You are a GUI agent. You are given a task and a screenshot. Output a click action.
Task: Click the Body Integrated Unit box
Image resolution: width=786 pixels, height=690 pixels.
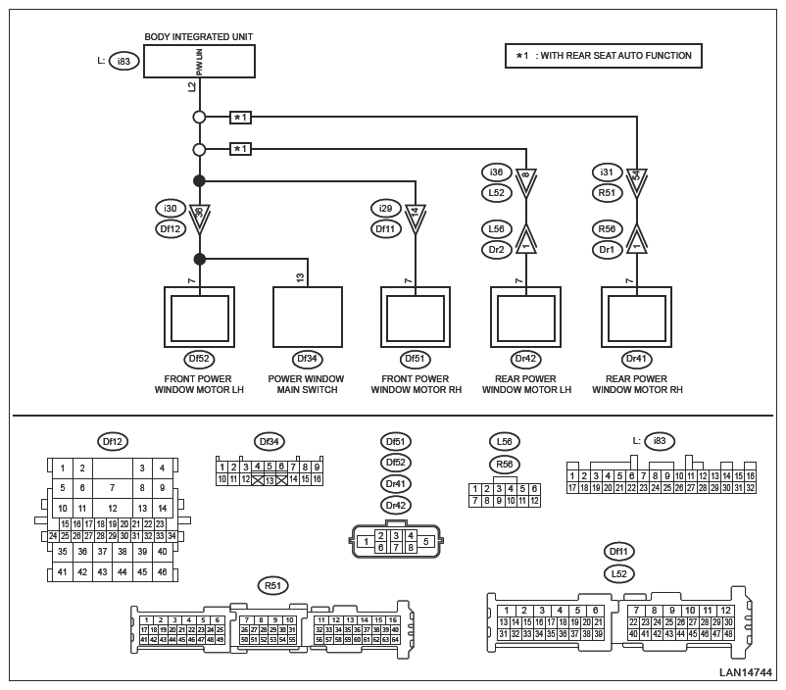click(199, 61)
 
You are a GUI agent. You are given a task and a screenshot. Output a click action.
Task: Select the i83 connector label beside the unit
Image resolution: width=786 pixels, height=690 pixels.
click(124, 61)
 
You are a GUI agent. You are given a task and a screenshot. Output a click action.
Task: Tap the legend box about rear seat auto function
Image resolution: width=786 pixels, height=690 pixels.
click(604, 56)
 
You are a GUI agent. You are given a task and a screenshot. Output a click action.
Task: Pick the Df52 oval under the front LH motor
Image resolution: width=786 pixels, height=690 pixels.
click(199, 360)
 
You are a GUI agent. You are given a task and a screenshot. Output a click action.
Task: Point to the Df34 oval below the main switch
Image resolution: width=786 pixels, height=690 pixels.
click(307, 360)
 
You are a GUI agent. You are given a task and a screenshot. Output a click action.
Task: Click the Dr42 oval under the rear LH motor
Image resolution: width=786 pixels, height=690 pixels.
click(526, 360)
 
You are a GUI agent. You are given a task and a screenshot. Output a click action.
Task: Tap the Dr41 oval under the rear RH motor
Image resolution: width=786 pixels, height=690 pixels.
click(637, 360)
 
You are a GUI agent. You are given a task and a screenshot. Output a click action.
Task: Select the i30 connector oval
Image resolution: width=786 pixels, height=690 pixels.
click(171, 209)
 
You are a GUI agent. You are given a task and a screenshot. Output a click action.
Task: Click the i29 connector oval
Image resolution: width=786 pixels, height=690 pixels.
click(386, 209)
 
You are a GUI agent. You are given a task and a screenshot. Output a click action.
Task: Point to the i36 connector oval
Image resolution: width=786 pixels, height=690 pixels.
click(496, 172)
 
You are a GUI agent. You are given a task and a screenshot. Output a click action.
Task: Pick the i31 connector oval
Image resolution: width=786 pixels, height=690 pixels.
click(607, 172)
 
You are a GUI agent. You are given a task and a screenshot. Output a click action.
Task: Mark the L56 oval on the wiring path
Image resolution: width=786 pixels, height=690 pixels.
click(496, 229)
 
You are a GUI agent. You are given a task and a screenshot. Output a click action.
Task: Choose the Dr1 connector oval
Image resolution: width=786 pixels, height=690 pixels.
click(607, 249)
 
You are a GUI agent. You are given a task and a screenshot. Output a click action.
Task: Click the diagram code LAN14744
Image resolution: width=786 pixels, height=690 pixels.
click(746, 673)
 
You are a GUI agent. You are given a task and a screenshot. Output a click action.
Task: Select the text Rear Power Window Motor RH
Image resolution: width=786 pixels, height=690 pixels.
click(637, 383)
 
